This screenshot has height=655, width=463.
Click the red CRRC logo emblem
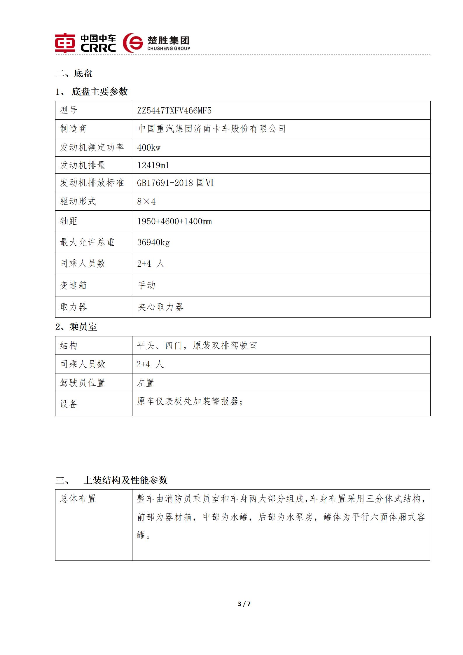coord(65,43)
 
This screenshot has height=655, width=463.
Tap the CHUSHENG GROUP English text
coord(168,48)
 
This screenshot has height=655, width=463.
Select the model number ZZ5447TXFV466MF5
coord(174,111)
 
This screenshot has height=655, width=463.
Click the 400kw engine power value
coord(149,148)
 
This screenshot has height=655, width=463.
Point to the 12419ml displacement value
coord(153,165)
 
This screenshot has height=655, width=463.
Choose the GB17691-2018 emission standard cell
coord(175,183)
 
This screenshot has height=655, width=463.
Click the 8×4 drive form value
coord(146,202)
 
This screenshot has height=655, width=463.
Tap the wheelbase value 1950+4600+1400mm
coord(174,221)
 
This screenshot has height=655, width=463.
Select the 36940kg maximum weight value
coord(153,242)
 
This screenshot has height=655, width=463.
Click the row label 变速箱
coord(73,285)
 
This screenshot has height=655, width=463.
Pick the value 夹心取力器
coord(160,307)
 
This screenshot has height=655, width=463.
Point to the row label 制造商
coord(73,129)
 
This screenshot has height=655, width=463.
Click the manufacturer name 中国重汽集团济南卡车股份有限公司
coord(212,129)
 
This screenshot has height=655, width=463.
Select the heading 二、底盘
coord(74,73)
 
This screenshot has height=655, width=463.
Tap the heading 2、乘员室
coord(76,327)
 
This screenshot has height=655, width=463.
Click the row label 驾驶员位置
coord(83,383)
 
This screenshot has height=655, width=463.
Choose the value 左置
coord(146,383)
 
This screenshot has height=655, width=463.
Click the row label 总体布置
coord(78,499)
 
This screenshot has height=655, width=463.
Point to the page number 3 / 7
coord(244,604)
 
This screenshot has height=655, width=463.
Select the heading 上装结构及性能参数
coord(125,480)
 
